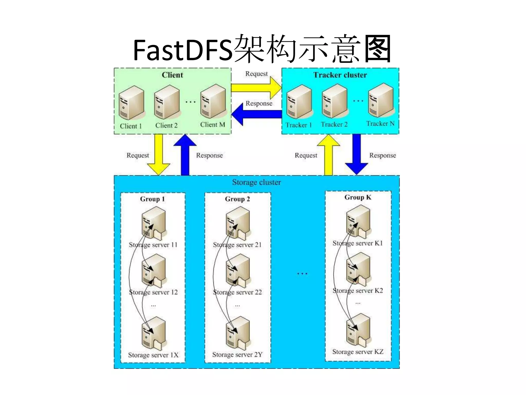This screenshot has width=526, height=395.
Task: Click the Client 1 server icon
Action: [131, 103]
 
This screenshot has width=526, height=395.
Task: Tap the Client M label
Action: [212, 125]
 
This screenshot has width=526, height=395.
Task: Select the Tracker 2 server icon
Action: [334, 102]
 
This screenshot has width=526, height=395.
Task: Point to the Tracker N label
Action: [380, 124]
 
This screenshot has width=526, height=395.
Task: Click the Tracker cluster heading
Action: [340, 75]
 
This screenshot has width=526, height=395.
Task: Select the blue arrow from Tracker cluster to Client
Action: [257, 114]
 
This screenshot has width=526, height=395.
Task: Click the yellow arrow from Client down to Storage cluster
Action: [158, 154]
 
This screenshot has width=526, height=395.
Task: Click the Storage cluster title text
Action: [256, 182]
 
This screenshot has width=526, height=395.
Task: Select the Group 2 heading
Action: [237, 199]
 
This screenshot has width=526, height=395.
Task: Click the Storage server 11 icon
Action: [154, 223]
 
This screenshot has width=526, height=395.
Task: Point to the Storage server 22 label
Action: [237, 292]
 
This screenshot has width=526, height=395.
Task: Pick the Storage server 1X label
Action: [153, 355]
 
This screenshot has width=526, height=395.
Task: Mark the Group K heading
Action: [358, 197]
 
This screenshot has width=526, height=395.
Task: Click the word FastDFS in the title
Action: [183, 50]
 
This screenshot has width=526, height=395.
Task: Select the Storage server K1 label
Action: [358, 243]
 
